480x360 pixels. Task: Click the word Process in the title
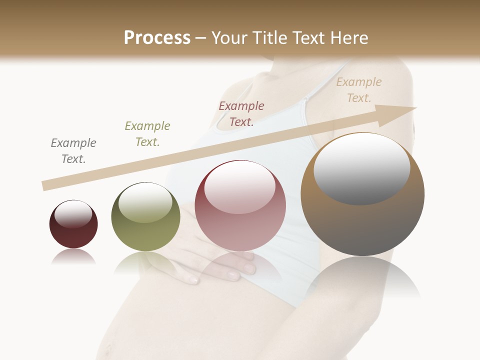point(157,38)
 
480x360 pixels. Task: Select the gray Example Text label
point(73,151)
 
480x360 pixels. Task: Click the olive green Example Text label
point(147,134)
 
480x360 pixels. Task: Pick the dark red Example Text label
point(241,114)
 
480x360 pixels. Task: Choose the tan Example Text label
point(359,90)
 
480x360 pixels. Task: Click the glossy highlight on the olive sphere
point(145,202)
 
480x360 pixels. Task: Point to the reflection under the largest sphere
point(362,280)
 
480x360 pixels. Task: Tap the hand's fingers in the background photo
point(235,267)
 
